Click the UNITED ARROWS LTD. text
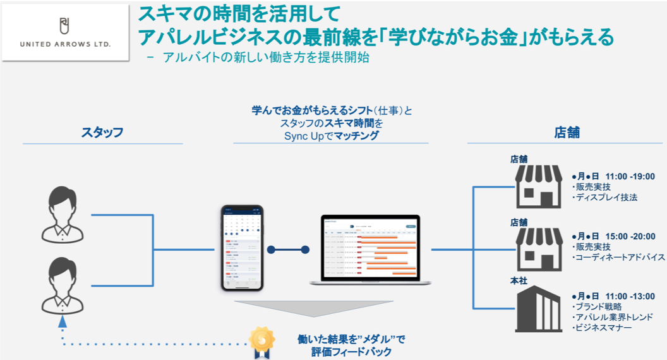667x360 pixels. [65, 45]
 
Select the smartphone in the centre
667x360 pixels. [241, 248]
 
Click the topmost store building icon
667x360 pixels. [538, 186]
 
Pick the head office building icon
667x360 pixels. [538, 309]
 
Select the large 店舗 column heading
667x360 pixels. [567, 133]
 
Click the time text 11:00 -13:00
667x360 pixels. [630, 296]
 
